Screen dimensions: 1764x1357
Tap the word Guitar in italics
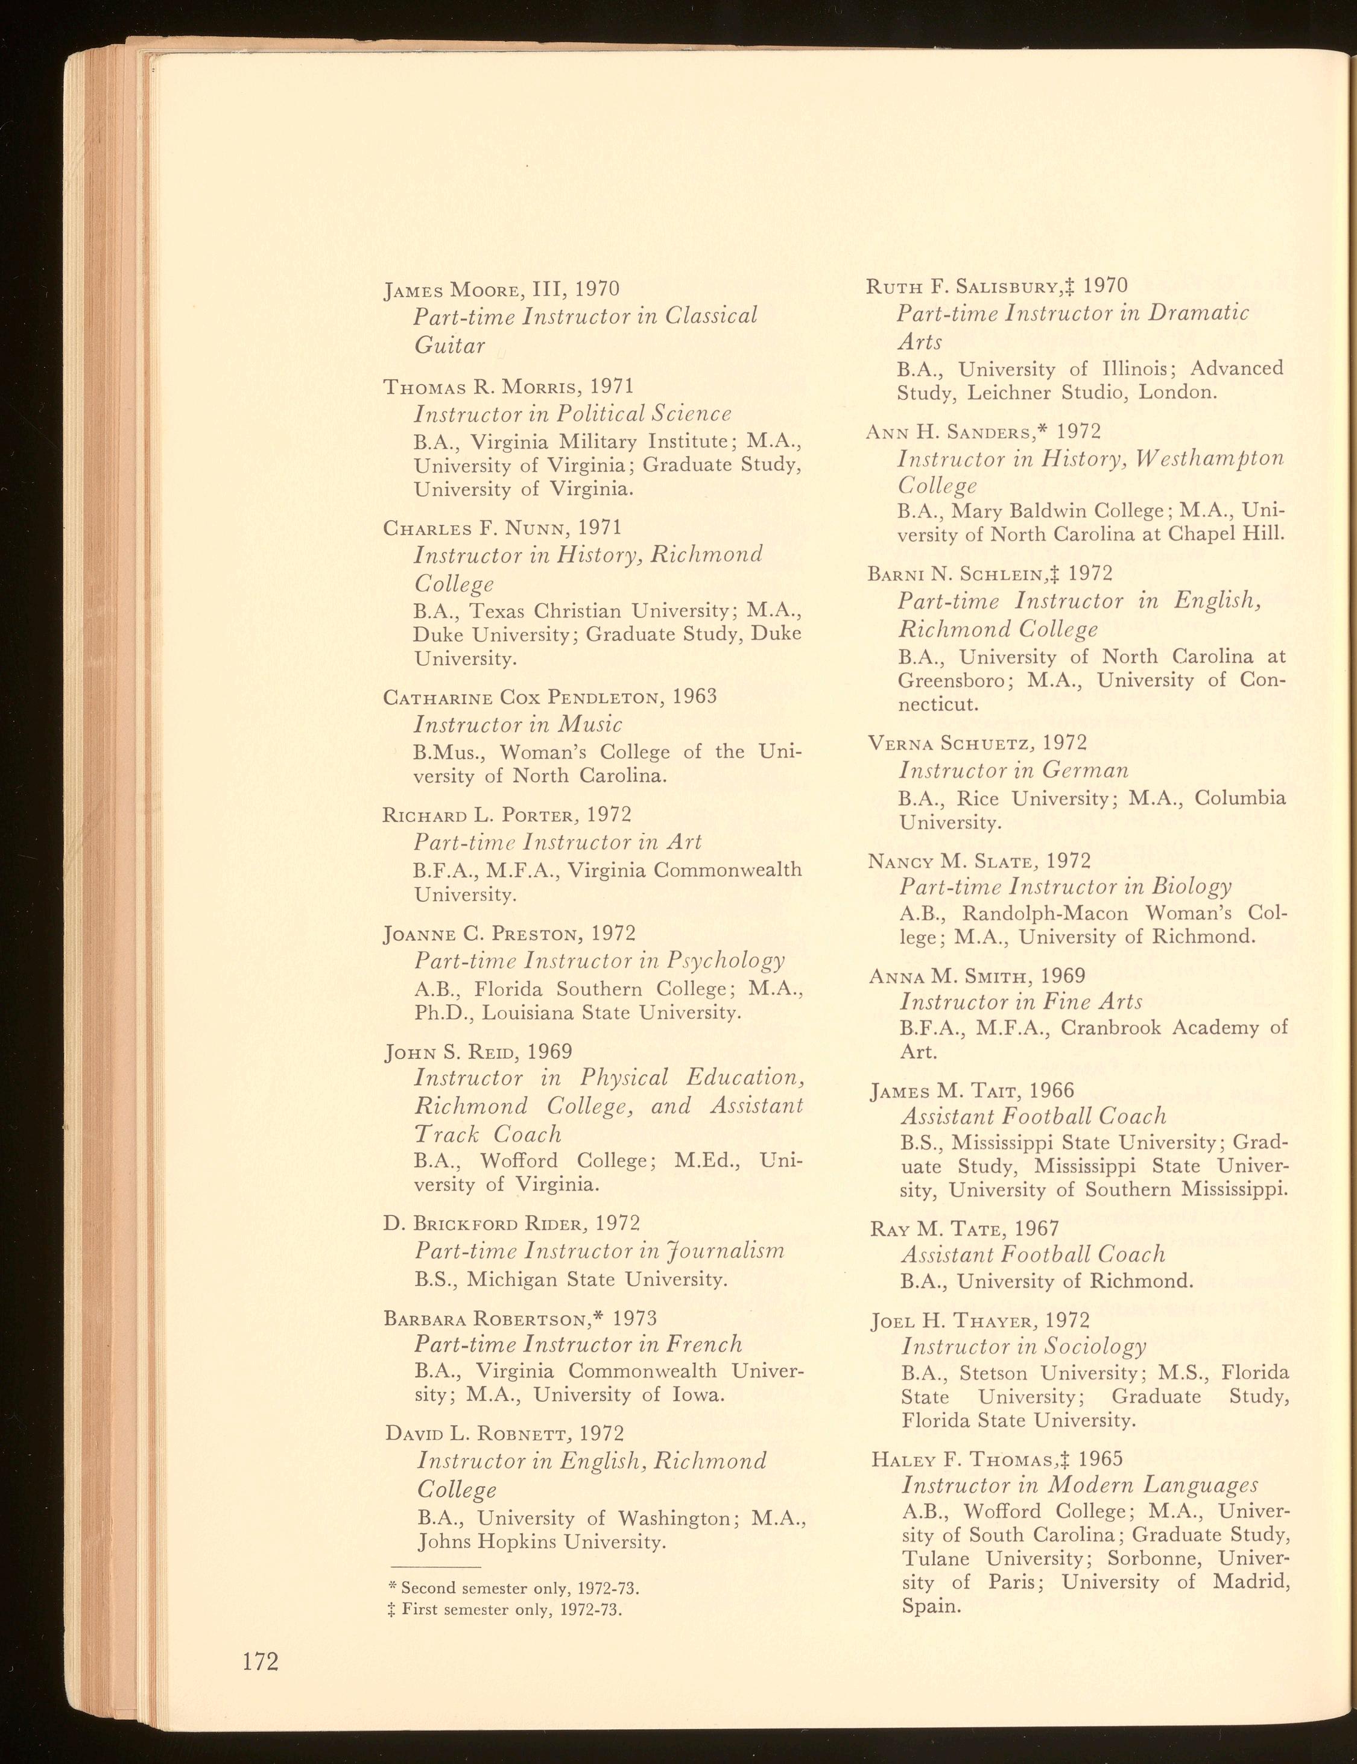coord(450,346)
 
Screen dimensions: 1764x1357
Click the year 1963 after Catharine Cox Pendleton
coord(694,696)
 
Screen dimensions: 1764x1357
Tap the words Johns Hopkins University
coord(542,1542)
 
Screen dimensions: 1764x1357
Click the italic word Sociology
coord(1095,1347)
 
